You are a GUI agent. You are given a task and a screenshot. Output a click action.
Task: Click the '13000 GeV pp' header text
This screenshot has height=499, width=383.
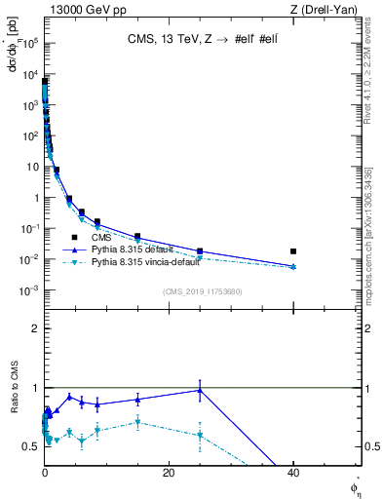click(82, 9)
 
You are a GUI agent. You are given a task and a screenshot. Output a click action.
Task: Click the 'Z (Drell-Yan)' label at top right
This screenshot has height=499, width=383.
click(326, 9)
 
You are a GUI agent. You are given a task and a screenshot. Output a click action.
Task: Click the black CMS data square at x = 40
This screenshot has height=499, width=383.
click(293, 251)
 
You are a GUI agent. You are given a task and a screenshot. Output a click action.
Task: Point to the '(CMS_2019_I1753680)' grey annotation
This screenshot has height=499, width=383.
click(202, 290)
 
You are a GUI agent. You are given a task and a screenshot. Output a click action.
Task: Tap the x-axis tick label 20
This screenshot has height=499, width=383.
click(169, 473)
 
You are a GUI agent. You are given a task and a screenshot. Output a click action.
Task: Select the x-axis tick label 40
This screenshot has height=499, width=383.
click(293, 473)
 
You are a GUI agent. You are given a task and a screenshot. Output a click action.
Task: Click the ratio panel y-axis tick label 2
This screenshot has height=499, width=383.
click(35, 328)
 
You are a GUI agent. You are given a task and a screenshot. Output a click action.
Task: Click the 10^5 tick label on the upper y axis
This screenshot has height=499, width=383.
click(30, 42)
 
